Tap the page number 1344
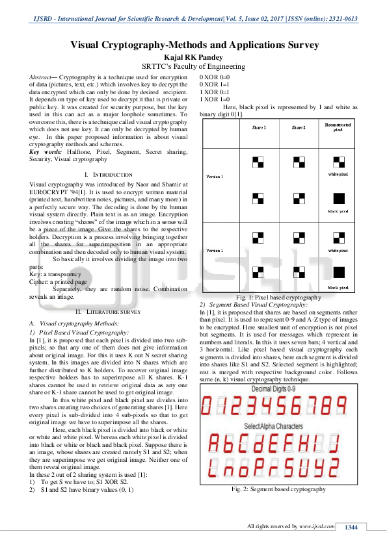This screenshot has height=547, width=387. (x=351, y=527)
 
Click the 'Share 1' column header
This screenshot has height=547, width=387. (x=260, y=127)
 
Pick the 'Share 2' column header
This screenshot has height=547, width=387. (x=297, y=127)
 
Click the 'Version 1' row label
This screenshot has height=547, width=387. (x=215, y=176)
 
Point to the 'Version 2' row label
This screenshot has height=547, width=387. (x=215, y=250)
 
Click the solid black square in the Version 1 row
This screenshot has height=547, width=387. (x=338, y=197)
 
